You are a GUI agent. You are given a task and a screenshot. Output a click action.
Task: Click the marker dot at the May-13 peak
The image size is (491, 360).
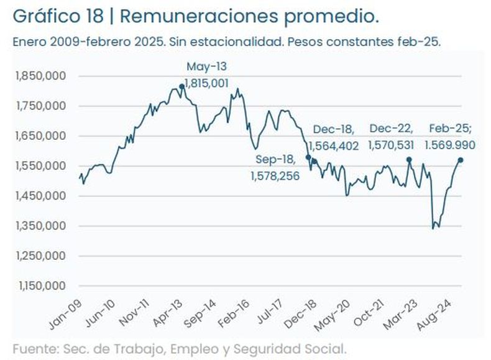point(181,87)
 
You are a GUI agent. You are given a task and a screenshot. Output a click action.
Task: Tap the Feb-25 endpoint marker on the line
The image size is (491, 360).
point(461,160)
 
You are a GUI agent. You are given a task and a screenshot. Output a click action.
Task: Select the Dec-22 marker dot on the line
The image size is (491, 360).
point(409,160)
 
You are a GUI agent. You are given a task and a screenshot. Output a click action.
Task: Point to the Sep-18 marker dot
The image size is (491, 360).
point(308,157)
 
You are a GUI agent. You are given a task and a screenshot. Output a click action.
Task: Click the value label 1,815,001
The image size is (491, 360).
point(206,82)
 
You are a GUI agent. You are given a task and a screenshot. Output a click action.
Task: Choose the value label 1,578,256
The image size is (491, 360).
point(275,176)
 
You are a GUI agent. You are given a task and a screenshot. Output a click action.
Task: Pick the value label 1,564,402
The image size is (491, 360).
point(334,145)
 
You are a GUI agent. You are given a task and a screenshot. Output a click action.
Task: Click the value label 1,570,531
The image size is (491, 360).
point(392,145)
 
